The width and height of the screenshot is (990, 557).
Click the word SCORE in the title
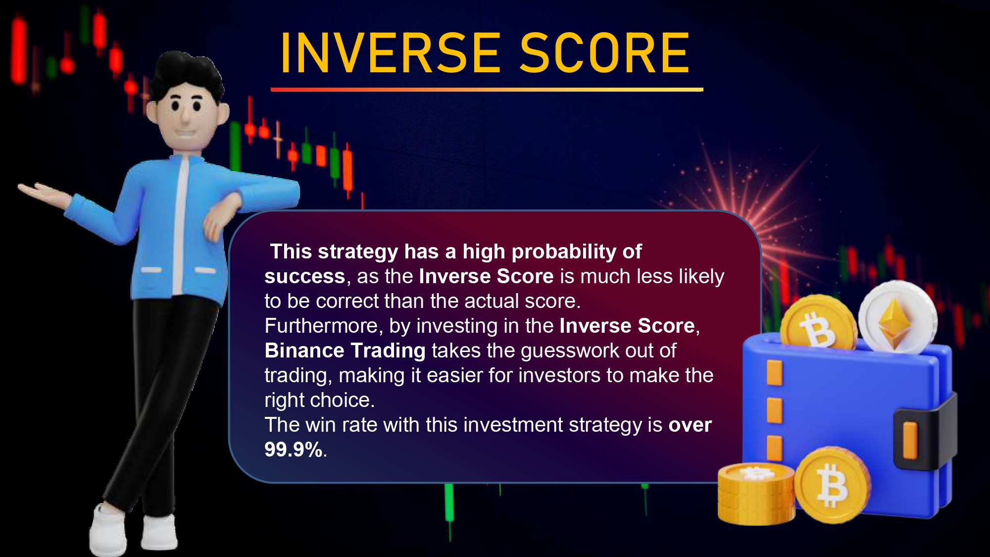[604, 53]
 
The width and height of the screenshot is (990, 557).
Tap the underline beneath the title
[487, 90]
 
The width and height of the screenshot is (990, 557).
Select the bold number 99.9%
[294, 450]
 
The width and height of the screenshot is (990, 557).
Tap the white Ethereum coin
[897, 317]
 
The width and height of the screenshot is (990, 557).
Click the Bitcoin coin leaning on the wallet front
[833, 485]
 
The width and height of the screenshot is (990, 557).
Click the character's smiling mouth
[187, 133]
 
